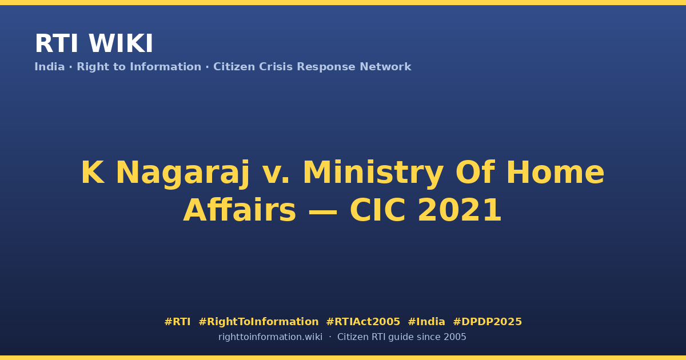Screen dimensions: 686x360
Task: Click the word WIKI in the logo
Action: click(x=121, y=43)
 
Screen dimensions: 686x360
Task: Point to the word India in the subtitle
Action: click(x=50, y=67)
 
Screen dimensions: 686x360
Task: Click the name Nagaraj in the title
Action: click(x=183, y=173)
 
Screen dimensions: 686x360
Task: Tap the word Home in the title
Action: click(x=555, y=173)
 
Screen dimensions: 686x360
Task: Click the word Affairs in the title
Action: click(x=240, y=210)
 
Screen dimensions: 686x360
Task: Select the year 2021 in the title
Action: click(x=460, y=210)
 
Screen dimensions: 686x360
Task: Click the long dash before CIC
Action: click(x=323, y=211)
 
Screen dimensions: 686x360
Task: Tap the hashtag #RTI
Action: click(x=177, y=322)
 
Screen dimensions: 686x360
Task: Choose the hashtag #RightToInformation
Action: click(x=258, y=322)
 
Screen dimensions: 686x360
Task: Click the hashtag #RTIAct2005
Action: click(x=363, y=322)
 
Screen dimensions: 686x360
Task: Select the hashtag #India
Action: click(x=426, y=322)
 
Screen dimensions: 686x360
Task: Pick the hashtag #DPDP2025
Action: click(x=487, y=322)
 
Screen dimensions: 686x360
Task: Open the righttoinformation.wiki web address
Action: click(x=270, y=337)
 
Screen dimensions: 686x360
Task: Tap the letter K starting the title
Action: click(x=93, y=173)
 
